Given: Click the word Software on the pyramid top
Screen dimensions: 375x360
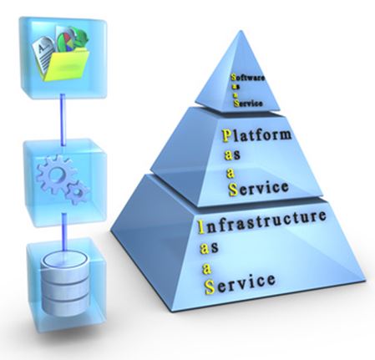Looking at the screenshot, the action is pyautogui.click(x=247, y=78).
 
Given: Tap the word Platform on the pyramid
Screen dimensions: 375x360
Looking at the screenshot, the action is pyautogui.click(x=256, y=135).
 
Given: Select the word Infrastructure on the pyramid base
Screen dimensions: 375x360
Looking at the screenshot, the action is pyautogui.click(x=261, y=222).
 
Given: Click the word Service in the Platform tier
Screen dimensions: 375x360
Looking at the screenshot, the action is pyautogui.click(x=258, y=188).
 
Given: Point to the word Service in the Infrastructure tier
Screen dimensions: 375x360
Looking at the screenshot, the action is pyautogui.click(x=240, y=282).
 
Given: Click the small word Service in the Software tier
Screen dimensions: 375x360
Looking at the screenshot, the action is pyautogui.click(x=248, y=104).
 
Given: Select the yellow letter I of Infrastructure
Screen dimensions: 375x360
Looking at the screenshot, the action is pyautogui.click(x=200, y=227).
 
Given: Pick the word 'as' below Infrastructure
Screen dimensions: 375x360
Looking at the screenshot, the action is pyautogui.click(x=209, y=248).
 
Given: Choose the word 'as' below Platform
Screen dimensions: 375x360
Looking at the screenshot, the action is pyautogui.click(x=232, y=155).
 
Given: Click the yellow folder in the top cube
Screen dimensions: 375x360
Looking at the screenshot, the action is pyautogui.click(x=66, y=65).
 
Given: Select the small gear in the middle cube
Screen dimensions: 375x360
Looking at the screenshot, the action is pyautogui.click(x=77, y=193).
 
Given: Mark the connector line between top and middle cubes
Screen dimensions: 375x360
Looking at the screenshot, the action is pyautogui.click(x=63, y=119).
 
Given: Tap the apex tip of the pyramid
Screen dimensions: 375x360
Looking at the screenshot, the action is pyautogui.click(x=240, y=31).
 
